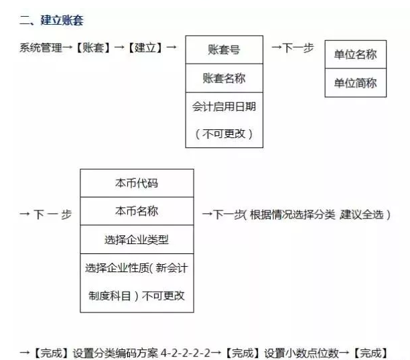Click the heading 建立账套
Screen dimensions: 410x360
tap(62, 20)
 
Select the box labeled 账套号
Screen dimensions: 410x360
tap(224, 50)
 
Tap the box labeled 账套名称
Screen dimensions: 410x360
tap(224, 78)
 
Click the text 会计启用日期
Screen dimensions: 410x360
tap(224, 107)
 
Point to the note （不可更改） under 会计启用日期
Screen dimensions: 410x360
tap(224, 134)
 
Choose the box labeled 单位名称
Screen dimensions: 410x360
tap(355, 54)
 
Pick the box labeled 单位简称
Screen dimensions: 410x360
tap(355, 83)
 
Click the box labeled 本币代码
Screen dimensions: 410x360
tap(137, 183)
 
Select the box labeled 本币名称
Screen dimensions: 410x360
tap(137, 211)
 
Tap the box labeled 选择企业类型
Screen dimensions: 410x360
tap(137, 239)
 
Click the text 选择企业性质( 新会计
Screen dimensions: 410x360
tap(137, 268)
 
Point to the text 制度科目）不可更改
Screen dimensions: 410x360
tap(137, 296)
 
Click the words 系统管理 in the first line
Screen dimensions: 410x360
tap(41, 48)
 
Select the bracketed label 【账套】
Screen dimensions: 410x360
tap(93, 48)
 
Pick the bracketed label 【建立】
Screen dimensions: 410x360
tap(145, 48)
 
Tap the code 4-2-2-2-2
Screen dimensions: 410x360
tap(185, 353)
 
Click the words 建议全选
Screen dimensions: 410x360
tap(362, 215)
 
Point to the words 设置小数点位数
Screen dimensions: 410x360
tap(301, 353)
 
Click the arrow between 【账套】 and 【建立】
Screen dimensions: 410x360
tap(119, 48)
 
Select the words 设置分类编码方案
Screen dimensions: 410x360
tap(115, 353)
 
